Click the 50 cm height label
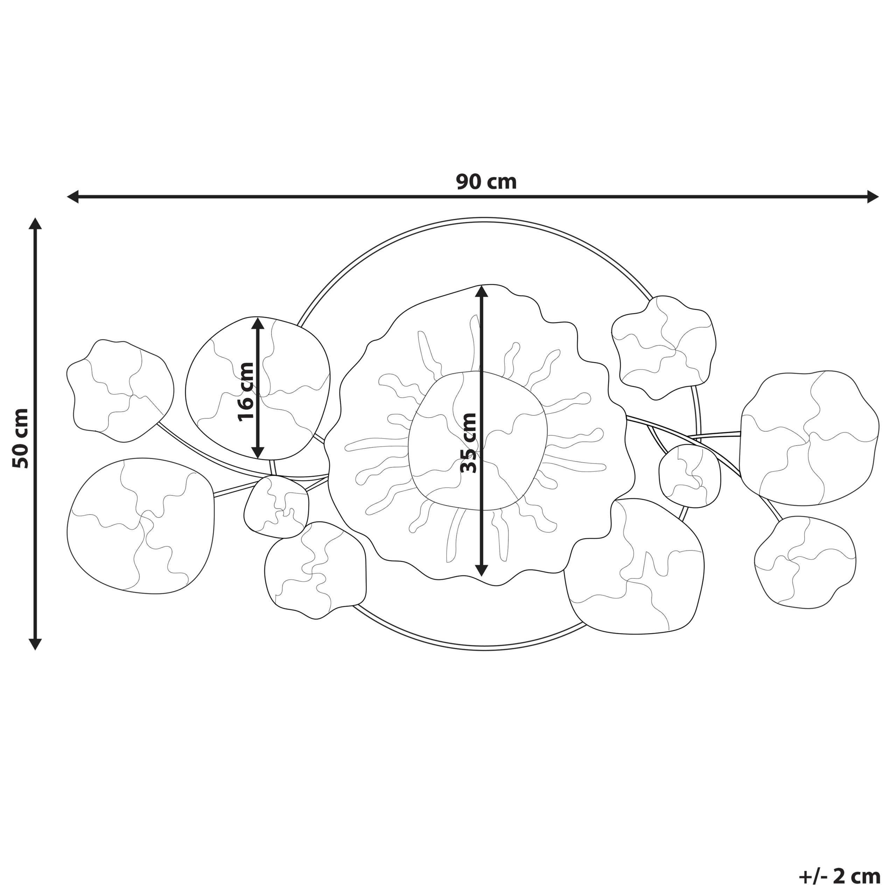pyautogui.click(x=21, y=438)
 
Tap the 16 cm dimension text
pyautogui.click(x=246, y=392)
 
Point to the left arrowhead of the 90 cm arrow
pyautogui.click(x=73, y=197)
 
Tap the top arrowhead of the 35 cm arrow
pyautogui.click(x=482, y=291)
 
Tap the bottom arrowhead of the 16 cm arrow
pyautogui.click(x=258, y=452)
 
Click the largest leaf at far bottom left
pyautogui.click(x=139, y=526)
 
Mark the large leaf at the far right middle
pyautogui.click(x=809, y=438)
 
